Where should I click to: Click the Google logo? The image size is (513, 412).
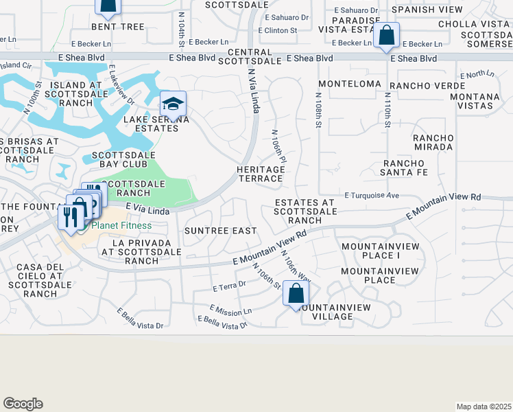coord(23,404)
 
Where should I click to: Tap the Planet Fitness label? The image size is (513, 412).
coord(119,225)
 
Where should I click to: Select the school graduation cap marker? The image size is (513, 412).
coord(173,105)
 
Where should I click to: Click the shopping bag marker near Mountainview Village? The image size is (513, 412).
coord(296,295)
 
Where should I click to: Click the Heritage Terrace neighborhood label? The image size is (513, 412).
coord(260,174)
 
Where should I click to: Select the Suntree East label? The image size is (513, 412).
coord(221,231)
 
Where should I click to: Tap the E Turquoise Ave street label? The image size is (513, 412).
coord(372,196)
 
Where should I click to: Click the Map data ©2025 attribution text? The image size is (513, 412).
coord(483,407)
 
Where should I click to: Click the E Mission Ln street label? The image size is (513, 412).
coord(231,310)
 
